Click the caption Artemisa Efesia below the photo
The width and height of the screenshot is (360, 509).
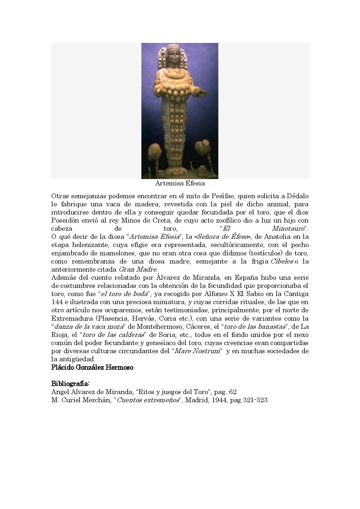[x=180, y=183]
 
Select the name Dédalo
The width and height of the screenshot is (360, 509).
[x=297, y=196]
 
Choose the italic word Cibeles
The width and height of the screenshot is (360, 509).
[x=281, y=261]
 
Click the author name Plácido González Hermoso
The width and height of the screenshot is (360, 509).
[x=92, y=367]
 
